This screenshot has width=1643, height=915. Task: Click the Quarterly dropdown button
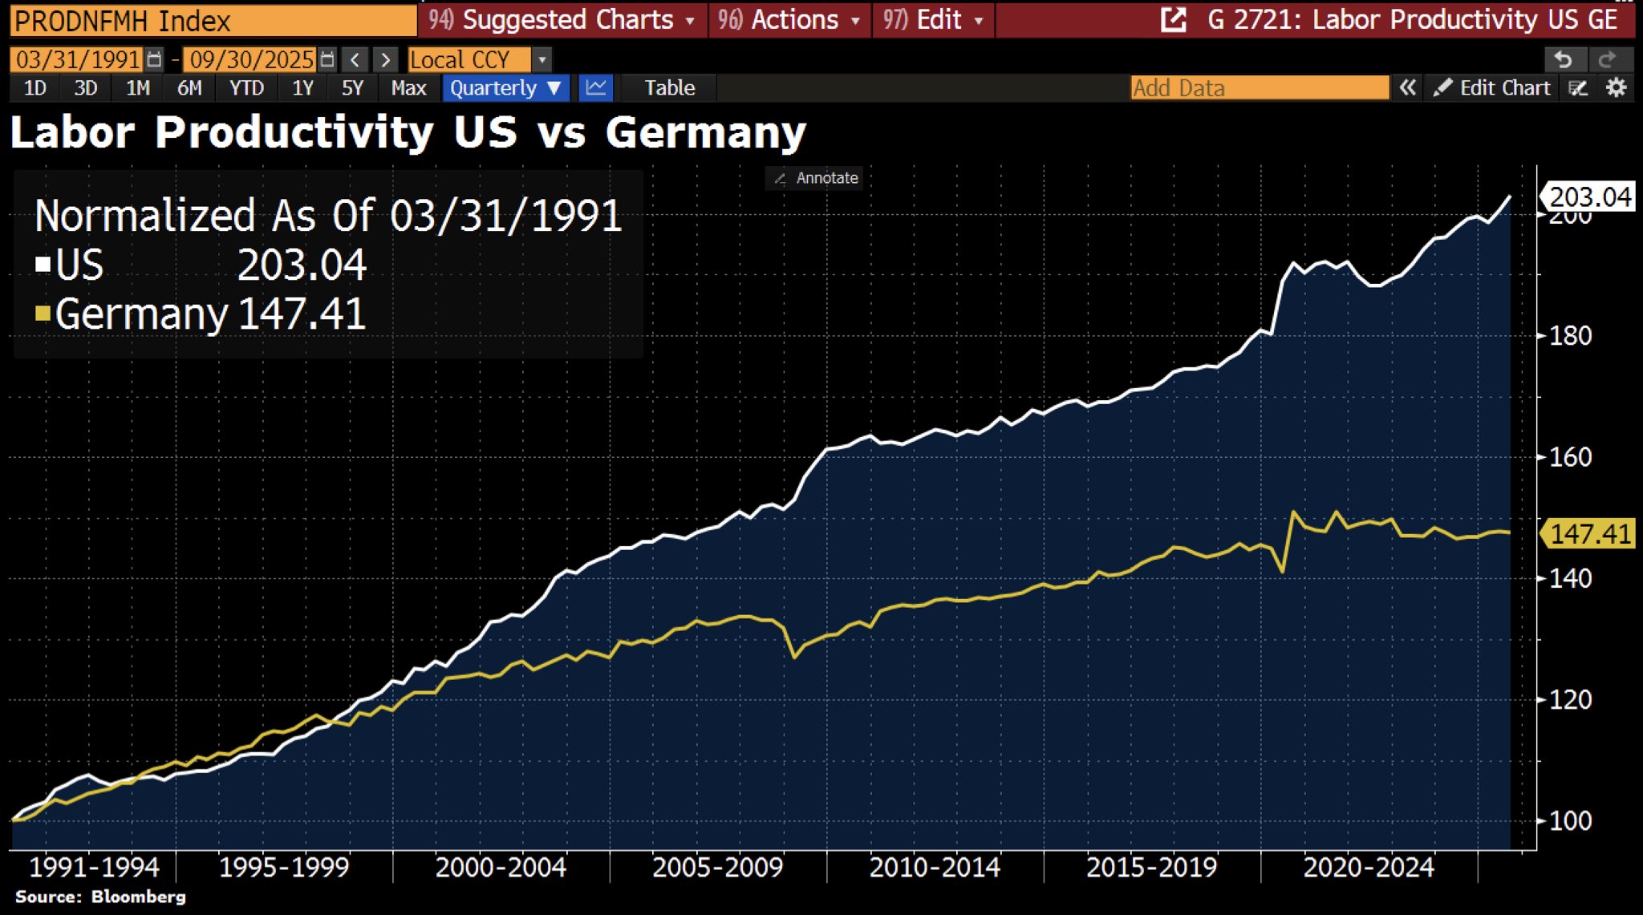(x=505, y=87)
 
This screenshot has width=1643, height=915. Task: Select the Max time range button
(x=408, y=87)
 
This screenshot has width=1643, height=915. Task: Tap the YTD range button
(x=246, y=87)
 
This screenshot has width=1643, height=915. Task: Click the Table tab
(x=669, y=87)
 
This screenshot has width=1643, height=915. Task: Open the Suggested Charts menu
(x=562, y=20)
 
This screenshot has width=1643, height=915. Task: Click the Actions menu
(x=790, y=20)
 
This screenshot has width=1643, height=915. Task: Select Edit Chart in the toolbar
(x=1493, y=87)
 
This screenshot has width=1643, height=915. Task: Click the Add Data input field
(x=1259, y=87)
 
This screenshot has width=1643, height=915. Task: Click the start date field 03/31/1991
(x=77, y=59)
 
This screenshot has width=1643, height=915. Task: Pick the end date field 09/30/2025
(x=251, y=59)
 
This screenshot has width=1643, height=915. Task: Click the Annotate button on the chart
(x=816, y=178)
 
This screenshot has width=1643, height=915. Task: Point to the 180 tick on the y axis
(x=1570, y=335)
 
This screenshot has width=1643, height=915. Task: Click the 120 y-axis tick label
(x=1570, y=699)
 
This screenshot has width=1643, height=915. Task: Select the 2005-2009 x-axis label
(x=717, y=867)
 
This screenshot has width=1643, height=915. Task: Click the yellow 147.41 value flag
(x=1589, y=533)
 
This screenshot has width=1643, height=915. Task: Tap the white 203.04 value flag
(x=1589, y=196)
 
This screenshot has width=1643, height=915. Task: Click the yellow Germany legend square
(x=43, y=313)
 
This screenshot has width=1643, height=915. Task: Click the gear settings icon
(x=1617, y=87)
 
